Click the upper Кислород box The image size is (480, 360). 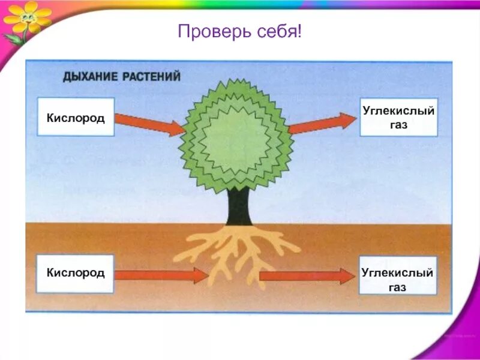tap(76, 117)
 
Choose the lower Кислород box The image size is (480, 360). tap(76, 274)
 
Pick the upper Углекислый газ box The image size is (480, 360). tap(398, 117)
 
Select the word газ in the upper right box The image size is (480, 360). tap(398, 125)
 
